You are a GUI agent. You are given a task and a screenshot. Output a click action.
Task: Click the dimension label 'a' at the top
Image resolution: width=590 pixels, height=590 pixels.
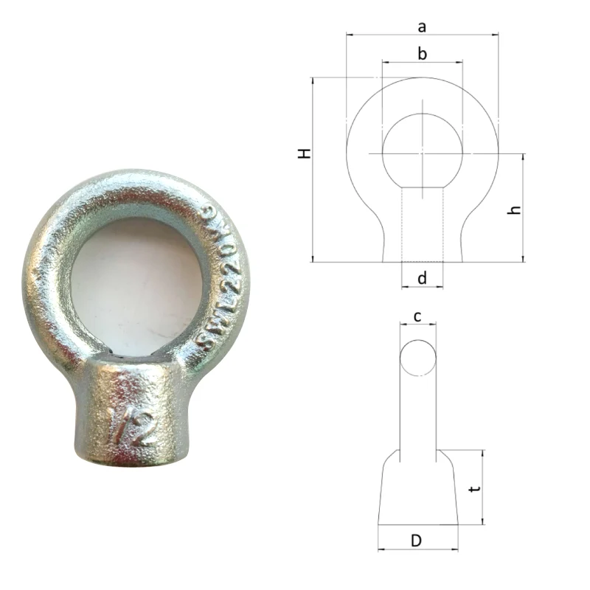tap(422, 27)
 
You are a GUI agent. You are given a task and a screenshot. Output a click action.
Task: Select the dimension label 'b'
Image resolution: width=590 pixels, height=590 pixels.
tap(422, 53)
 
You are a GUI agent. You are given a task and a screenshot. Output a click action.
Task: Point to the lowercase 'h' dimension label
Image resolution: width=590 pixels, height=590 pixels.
tap(516, 209)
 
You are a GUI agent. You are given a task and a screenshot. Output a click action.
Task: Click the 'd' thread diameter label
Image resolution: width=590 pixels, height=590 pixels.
tap(422, 278)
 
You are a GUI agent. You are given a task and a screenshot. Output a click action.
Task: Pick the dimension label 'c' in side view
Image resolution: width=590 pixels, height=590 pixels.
tap(417, 316)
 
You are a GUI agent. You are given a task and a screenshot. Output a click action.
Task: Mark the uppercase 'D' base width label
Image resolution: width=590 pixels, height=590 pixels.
tap(416, 541)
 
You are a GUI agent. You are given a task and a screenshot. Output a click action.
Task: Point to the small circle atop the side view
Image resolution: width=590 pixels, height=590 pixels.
tap(418, 358)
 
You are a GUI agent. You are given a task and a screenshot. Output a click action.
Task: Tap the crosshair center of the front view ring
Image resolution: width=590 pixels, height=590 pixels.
tap(422, 153)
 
